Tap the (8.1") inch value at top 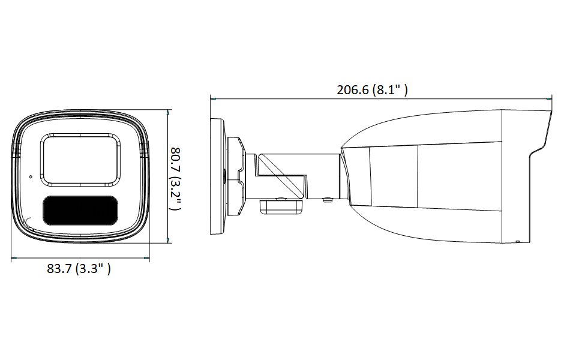point(390,91)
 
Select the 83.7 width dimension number point(59,269)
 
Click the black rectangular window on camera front point(79,211)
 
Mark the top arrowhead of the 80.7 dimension point(168,112)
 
